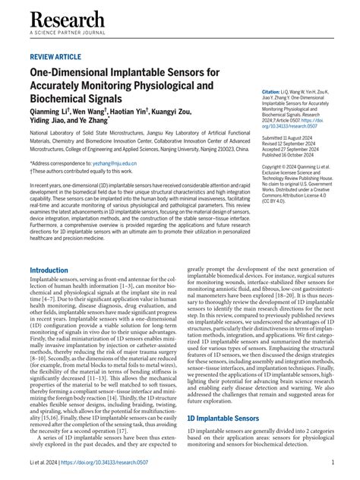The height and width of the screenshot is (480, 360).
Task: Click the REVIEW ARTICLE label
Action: [x=55, y=57]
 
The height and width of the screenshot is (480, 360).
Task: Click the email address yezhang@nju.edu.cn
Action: [x=115, y=163]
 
